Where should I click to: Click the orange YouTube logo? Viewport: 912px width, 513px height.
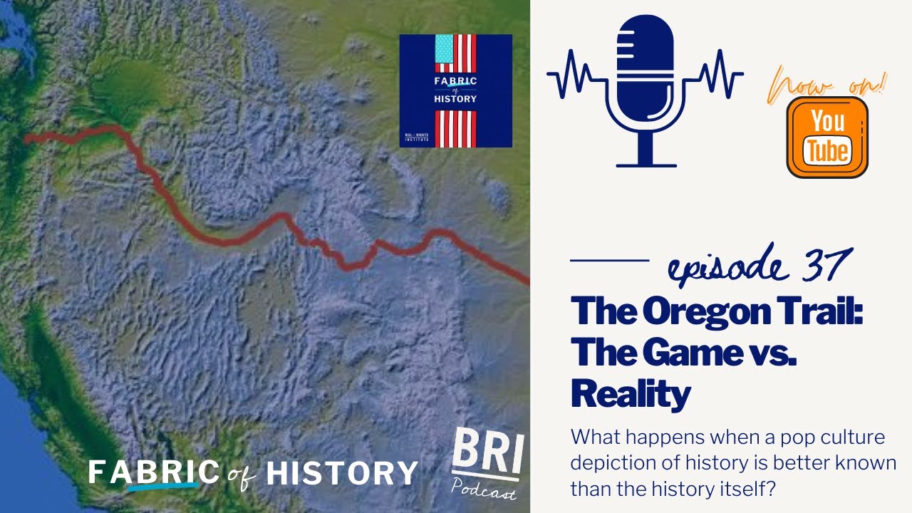point(827,137)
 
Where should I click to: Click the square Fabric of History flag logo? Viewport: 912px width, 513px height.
point(455,90)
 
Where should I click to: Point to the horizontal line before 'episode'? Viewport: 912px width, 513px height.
point(610,261)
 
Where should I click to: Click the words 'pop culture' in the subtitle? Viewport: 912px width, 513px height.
point(834,437)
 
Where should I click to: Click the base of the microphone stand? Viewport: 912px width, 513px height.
point(646,165)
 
